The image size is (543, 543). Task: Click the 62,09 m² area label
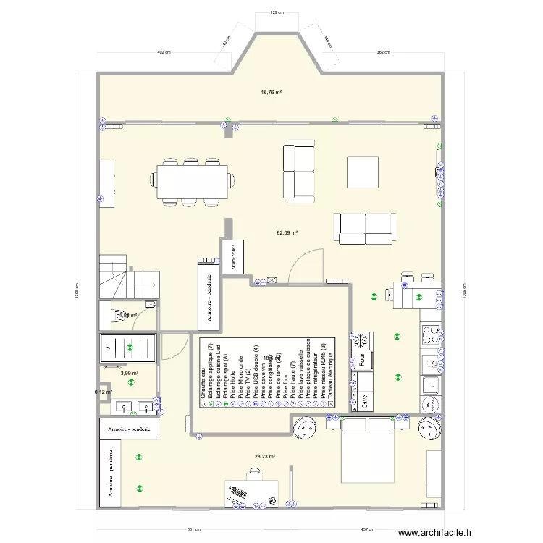coord(287,232)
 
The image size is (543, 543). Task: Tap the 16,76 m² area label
coord(271,92)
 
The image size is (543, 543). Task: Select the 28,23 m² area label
coord(265,456)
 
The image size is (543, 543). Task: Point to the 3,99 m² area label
coord(130,373)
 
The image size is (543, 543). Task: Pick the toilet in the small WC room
coord(116,316)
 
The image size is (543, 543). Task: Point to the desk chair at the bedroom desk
coord(254,474)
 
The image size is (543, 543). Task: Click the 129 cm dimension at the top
coord(274,12)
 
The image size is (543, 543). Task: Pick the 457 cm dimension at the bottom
coord(368,529)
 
